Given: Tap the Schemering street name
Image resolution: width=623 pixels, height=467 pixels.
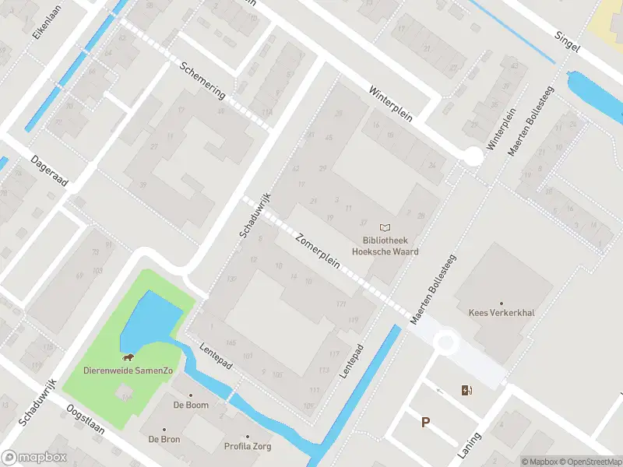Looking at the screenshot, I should pos(202,80).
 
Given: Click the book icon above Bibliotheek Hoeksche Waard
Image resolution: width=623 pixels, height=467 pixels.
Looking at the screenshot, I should pos(384,227).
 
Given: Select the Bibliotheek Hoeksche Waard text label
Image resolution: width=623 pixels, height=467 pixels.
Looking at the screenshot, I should pos(384,246).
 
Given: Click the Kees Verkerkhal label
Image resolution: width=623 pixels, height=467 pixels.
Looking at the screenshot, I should pos(501,313).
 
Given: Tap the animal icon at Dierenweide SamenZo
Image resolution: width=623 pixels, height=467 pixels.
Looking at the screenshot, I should pos(126,358).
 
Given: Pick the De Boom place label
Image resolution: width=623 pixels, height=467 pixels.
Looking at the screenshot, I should pos(190,406).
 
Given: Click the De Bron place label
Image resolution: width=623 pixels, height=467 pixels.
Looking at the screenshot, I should pos(164,439).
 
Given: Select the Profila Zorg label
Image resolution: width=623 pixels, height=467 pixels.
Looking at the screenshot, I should pos(248,446).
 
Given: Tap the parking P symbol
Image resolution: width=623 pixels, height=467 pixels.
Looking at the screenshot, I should pos(425,423).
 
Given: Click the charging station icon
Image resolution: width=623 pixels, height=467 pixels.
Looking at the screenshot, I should pos(466,390).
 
